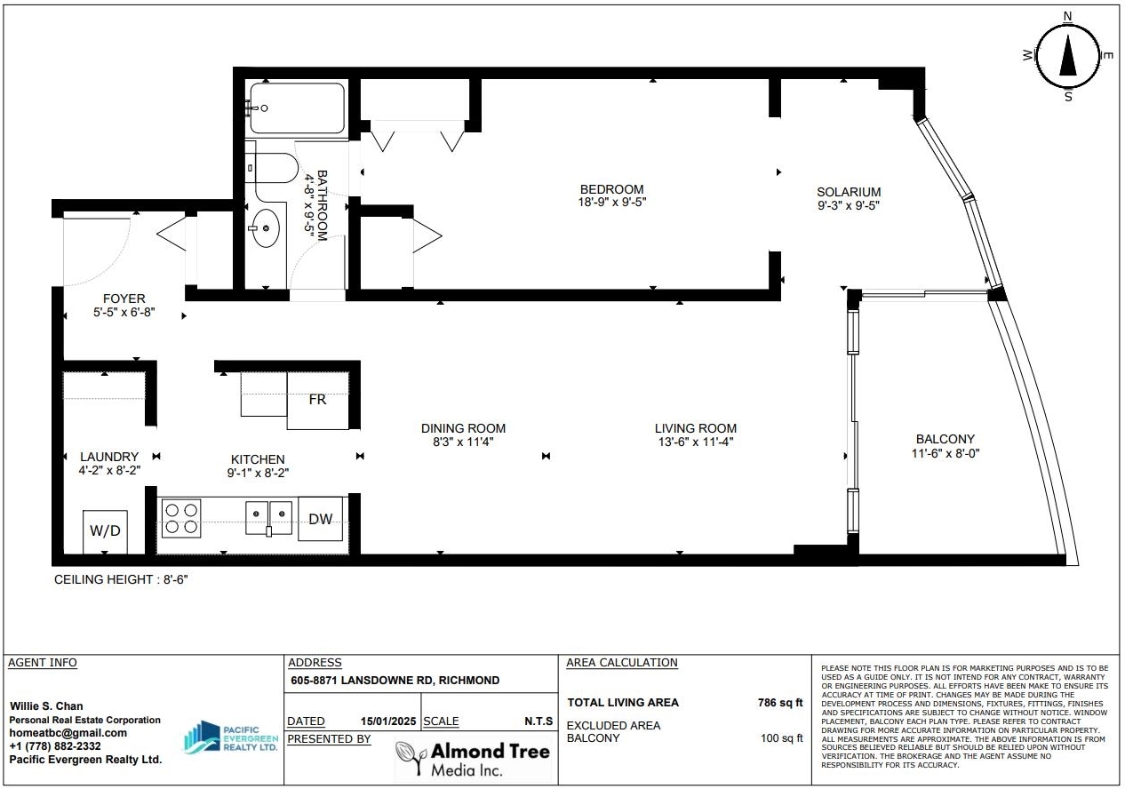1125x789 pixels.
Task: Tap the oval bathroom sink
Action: tap(265, 228)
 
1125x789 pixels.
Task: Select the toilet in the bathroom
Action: tap(271, 168)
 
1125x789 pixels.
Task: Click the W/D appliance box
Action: tap(105, 531)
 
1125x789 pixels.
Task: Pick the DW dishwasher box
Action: tap(321, 519)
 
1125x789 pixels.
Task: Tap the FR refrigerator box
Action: tap(317, 401)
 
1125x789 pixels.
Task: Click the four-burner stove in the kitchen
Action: tap(181, 518)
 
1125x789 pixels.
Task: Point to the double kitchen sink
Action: tap(268, 518)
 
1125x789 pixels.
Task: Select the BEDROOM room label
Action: tap(611, 189)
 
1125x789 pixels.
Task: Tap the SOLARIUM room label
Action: tap(849, 192)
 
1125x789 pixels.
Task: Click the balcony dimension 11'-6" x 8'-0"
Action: tap(945, 453)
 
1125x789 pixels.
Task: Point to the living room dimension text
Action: tap(696, 442)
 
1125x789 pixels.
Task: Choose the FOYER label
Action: tap(124, 299)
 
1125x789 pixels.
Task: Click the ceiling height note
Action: tap(121, 579)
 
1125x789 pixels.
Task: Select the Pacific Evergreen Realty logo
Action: tap(231, 737)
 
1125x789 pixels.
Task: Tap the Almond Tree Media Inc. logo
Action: tap(473, 759)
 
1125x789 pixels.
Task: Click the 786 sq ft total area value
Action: tap(780, 703)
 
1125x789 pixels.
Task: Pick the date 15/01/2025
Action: tap(388, 721)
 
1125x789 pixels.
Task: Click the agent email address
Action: tap(68, 733)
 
